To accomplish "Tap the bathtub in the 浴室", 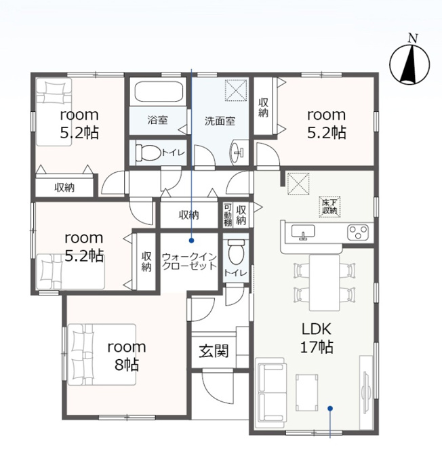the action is (159, 91).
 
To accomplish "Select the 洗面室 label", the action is (220, 121).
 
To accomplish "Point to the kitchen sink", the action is (303, 232).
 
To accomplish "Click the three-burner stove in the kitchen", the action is (358, 232).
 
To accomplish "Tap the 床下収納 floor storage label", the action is (329, 206).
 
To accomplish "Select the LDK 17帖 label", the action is (317, 337).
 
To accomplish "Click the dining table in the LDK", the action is (324, 283).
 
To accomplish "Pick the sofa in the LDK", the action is (271, 389).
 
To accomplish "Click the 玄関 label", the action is (214, 351).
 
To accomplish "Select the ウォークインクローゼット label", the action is (189, 261).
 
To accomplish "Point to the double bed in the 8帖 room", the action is (102, 354).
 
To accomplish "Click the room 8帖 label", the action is (127, 356).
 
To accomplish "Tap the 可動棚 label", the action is (228, 215).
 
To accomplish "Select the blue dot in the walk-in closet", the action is (191, 241).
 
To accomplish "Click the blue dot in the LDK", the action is (330, 408).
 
